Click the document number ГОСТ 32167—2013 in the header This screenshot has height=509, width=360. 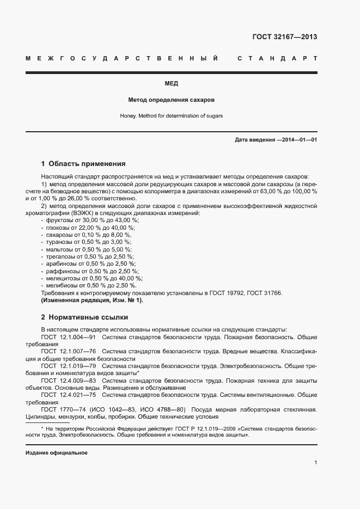point(284,37)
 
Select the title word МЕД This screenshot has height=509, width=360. point(171,83)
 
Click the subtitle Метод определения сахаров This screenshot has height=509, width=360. point(171,100)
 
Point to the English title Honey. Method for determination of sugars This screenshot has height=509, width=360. point(171,116)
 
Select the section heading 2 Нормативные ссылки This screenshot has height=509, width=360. point(84,317)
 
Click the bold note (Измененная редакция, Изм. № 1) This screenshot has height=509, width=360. point(92,300)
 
